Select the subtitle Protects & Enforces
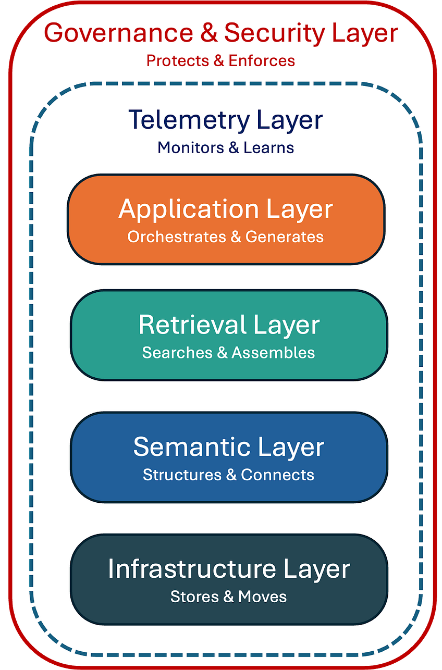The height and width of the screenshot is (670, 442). click(220, 60)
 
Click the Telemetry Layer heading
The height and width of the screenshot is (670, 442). click(225, 120)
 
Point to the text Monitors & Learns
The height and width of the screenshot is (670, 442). click(225, 147)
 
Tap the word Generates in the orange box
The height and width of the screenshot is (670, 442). click(285, 237)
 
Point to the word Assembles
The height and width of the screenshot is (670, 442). click(273, 353)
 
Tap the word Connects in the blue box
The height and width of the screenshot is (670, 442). click(277, 475)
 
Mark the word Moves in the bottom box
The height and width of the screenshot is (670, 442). click(263, 597)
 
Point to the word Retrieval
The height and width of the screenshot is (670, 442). click(185, 325)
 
